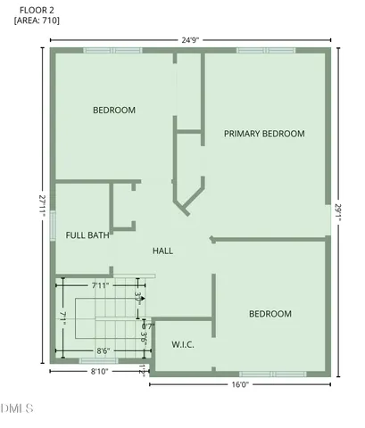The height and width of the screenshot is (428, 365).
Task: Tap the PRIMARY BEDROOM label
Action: click(264, 134)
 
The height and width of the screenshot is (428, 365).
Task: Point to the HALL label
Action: click(162, 251)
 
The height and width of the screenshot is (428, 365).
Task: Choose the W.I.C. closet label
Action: click(183, 343)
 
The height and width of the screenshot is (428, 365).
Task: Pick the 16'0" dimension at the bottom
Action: click(239, 385)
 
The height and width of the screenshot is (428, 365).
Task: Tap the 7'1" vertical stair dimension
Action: click(62, 317)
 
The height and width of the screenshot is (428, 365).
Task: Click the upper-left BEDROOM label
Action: click(114, 111)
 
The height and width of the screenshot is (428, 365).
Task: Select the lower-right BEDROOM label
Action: click(270, 314)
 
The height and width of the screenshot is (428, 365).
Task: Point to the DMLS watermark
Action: click(18, 409)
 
